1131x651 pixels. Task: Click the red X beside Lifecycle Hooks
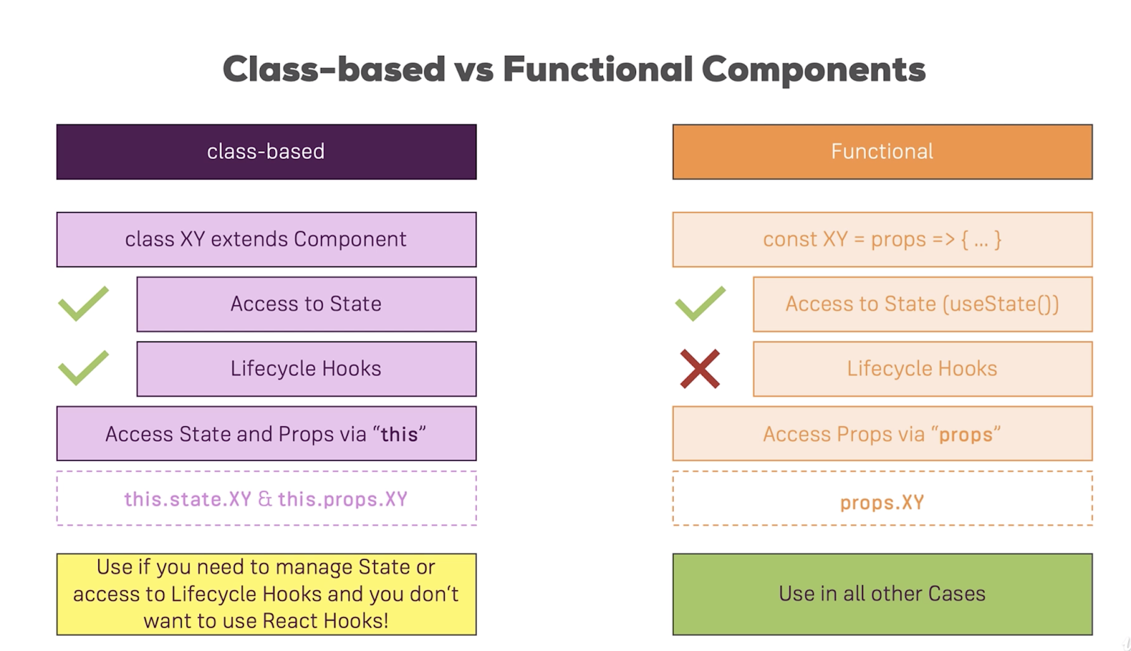coord(700,369)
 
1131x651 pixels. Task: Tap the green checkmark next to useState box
coord(700,304)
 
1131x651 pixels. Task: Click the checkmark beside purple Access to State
coord(83,304)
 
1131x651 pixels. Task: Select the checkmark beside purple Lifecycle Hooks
coord(83,368)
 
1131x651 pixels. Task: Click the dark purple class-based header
coord(266,152)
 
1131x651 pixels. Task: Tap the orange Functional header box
coord(882,152)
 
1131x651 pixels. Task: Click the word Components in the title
coord(813,69)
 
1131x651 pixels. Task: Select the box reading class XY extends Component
coord(266,240)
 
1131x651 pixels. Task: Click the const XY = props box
coord(882,240)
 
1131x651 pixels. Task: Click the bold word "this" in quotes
coord(399,434)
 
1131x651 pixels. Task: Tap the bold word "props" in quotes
coord(966,434)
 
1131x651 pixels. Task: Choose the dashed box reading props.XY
coord(882,502)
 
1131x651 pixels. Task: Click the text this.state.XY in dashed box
coord(188,499)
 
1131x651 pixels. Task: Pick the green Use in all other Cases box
coord(882,594)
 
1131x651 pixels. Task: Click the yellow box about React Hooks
coord(266,594)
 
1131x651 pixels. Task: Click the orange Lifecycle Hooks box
coord(922,369)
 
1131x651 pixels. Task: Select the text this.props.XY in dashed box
coord(343,499)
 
